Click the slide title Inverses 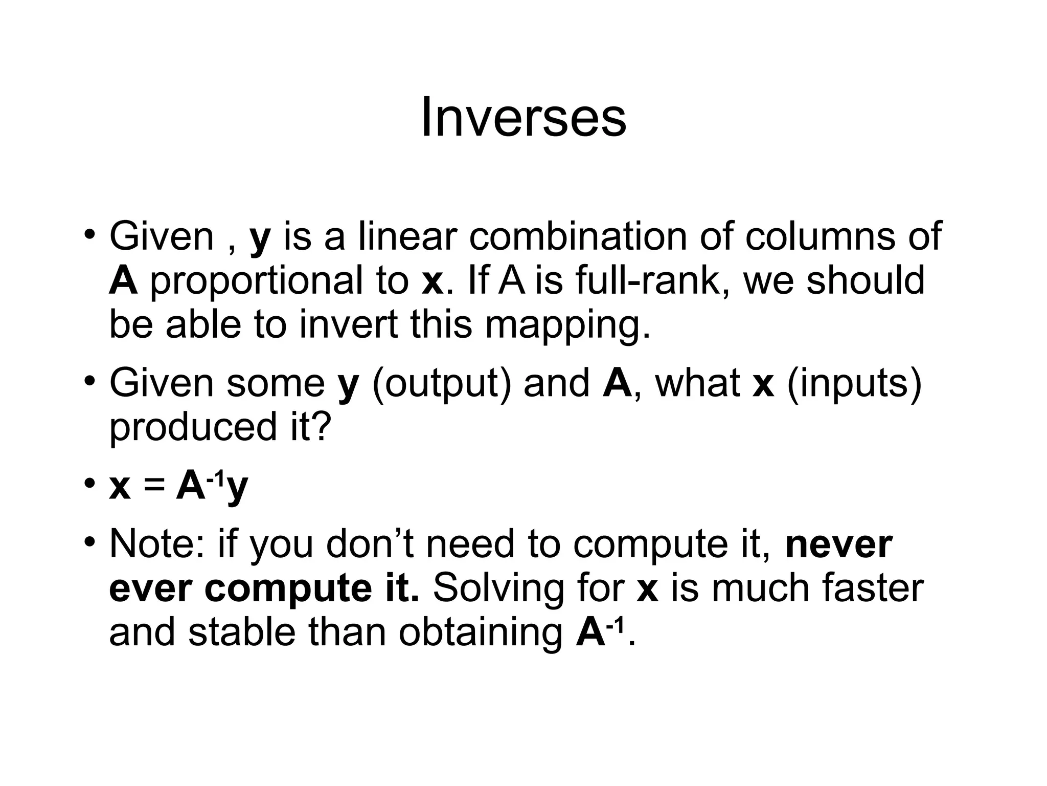point(523,118)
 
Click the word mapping point(567,326)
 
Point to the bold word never point(839,544)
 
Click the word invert point(348,326)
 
